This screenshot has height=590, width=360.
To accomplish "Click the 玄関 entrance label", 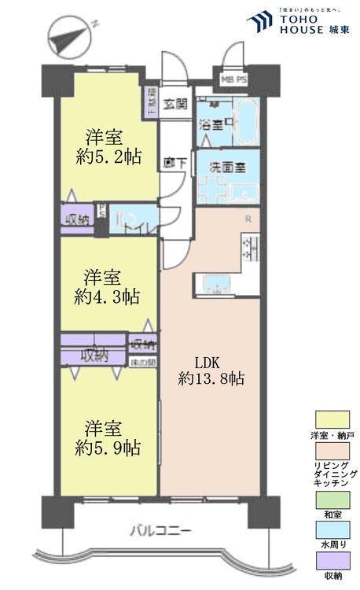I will pos(176,102).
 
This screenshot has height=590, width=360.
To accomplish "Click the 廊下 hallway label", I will pos(174,163).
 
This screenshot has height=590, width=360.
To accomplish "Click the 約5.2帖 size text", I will pos(107,157).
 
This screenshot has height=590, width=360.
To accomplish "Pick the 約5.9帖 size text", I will pos(107,448).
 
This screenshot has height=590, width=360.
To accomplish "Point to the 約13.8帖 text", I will pos(210,379).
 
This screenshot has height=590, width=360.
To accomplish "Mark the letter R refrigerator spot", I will pos(248,218).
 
